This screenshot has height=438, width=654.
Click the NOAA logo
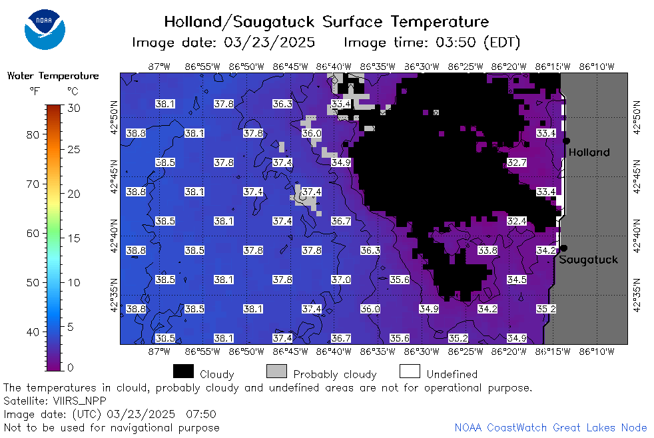(45, 29)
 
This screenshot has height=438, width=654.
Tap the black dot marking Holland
(566, 141)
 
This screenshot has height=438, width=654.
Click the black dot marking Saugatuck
(563, 248)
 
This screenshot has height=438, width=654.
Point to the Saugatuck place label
(588, 260)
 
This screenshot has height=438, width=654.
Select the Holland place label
(589, 152)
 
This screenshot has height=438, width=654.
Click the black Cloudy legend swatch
(183, 371)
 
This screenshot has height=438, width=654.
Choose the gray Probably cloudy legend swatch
(276, 371)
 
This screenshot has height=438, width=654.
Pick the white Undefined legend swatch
(410, 371)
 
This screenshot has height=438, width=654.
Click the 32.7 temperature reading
(517, 162)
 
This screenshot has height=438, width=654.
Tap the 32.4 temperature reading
(517, 221)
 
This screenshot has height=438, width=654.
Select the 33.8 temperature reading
(488, 250)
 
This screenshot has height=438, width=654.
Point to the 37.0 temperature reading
(341, 280)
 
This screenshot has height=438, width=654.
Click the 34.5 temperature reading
(517, 280)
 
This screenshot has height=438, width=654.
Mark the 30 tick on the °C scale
(74, 109)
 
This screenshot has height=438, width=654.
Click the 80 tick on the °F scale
(33, 134)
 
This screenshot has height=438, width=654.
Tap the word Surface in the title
(352, 22)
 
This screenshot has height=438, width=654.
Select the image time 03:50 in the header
(456, 43)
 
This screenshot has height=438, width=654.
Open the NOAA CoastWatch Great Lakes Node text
(551, 427)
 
